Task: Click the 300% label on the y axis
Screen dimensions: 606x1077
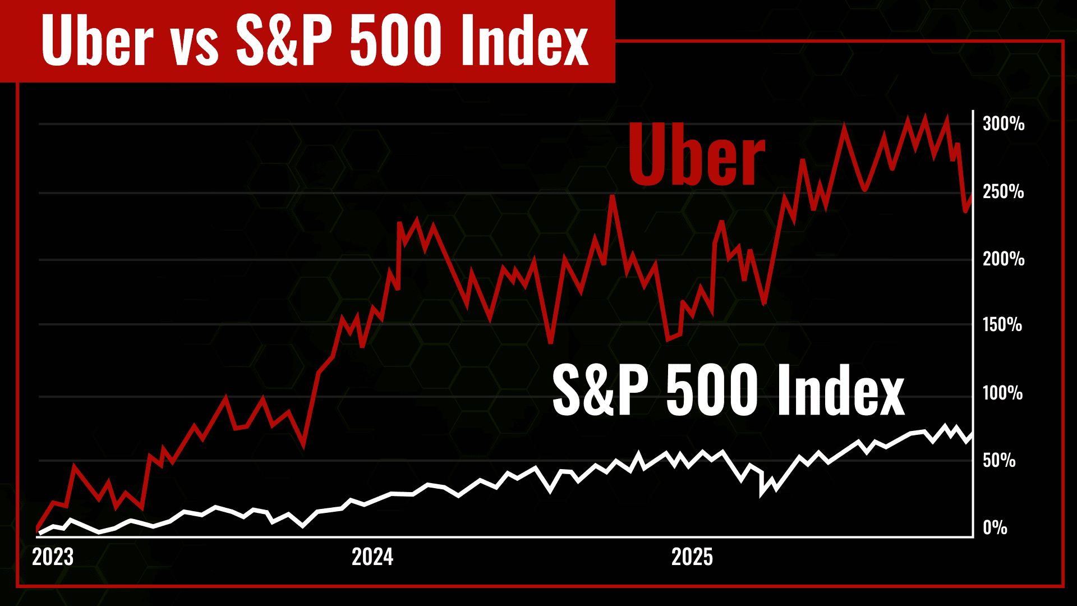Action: pyautogui.click(x=1003, y=124)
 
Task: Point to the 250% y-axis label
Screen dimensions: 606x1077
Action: pyautogui.click(x=1003, y=192)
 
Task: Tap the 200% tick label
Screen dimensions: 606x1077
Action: pyautogui.click(x=1003, y=259)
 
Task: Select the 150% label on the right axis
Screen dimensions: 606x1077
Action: pyautogui.click(x=1002, y=325)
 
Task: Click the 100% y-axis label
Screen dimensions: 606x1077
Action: pyautogui.click(x=1002, y=393)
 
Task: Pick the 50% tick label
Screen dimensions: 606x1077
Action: pyautogui.click(x=998, y=461)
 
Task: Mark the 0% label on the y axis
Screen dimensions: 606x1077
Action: pyautogui.click(x=995, y=528)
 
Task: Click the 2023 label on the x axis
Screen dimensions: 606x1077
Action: pyautogui.click(x=53, y=557)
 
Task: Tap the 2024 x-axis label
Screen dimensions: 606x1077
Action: pyautogui.click(x=372, y=557)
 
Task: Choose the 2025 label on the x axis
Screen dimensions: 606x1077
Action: pyautogui.click(x=692, y=557)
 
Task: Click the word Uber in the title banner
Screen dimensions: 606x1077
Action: pyautogui.click(x=97, y=41)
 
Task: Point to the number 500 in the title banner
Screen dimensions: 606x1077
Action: pyautogui.click(x=395, y=41)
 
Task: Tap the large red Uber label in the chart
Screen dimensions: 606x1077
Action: pyautogui.click(x=696, y=154)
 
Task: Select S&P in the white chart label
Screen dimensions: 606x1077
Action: pyautogui.click(x=600, y=389)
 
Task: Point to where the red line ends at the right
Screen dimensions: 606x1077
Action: pyautogui.click(x=972, y=196)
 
